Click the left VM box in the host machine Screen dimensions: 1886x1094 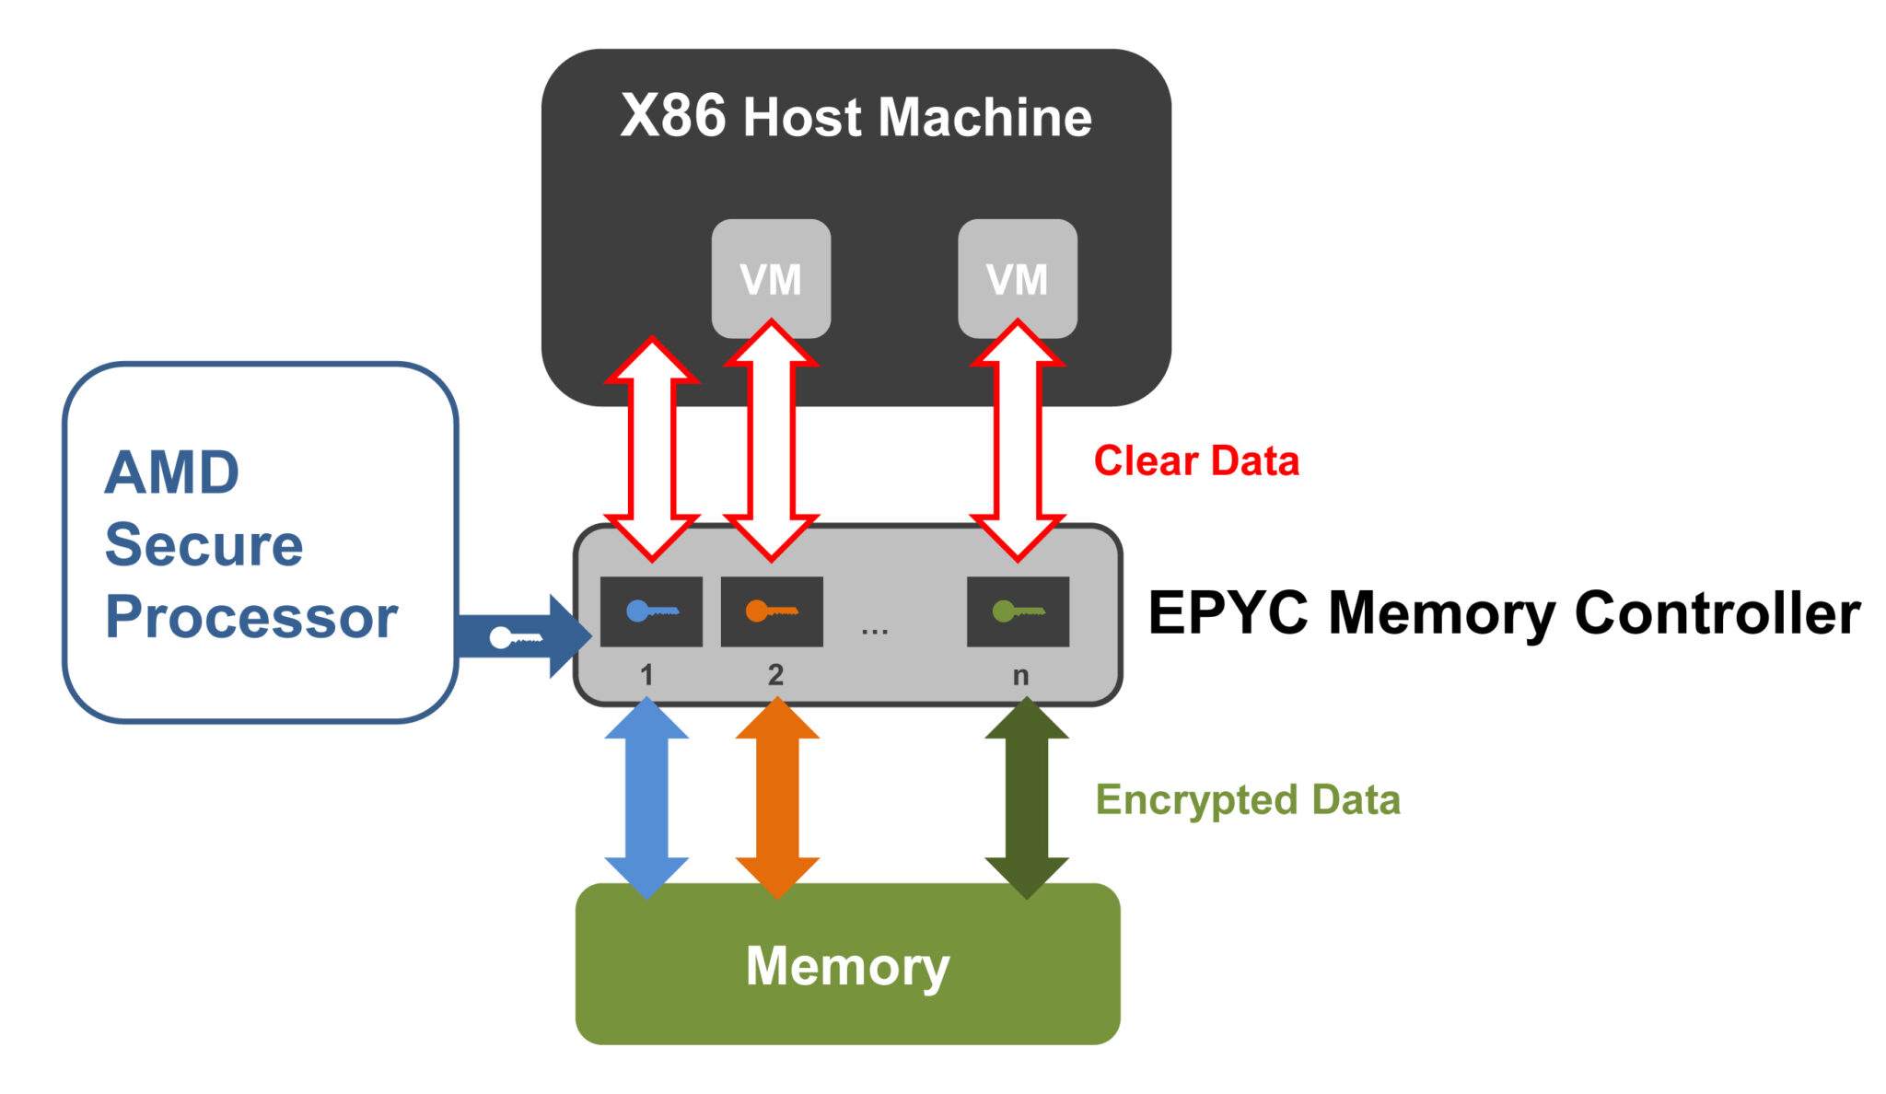tap(771, 278)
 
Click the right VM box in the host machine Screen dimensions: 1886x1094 tap(1018, 278)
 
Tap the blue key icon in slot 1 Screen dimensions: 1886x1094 tap(652, 611)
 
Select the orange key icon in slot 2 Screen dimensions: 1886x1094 tap(772, 611)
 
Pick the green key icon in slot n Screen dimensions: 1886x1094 tap(1019, 611)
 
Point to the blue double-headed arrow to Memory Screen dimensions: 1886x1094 tap(646, 797)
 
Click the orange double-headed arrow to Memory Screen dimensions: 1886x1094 tap(777, 797)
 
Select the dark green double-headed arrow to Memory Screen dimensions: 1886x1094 tap(1027, 797)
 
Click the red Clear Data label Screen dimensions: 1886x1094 tap(1196, 460)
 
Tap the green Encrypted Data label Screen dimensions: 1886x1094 tap(1248, 800)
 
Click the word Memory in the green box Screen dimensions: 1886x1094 tap(847, 967)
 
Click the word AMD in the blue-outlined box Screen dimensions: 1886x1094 tap(172, 472)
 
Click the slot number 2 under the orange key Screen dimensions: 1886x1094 tap(775, 675)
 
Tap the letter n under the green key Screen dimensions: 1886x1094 tap(1020, 677)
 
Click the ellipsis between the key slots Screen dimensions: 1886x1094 tap(875, 632)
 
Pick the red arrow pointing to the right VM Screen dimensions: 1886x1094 tap(1018, 440)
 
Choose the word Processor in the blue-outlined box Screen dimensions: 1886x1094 tap(251, 618)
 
